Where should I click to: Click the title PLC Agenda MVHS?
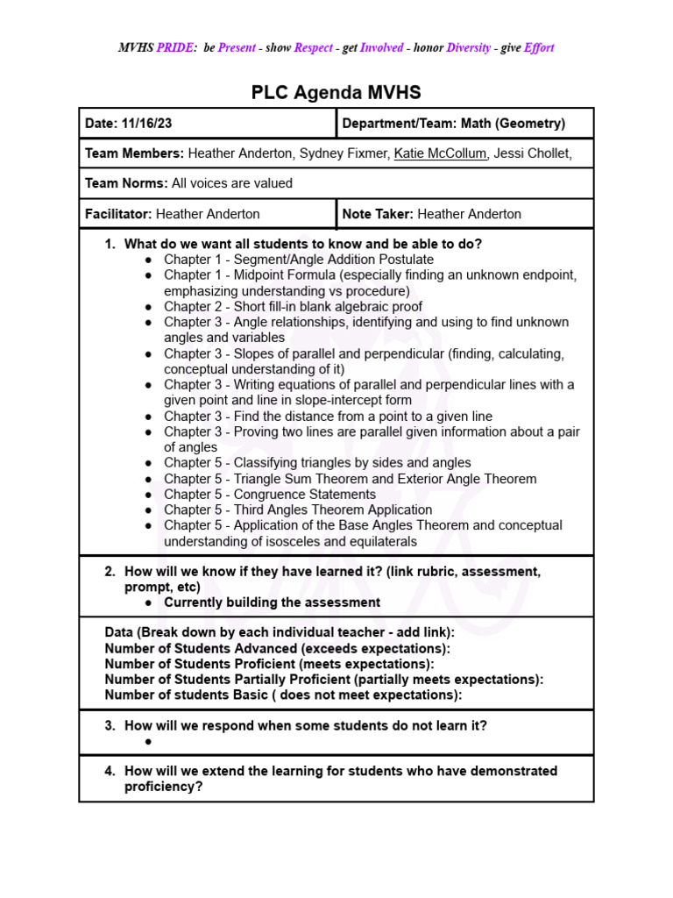tap(336, 92)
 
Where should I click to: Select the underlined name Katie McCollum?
tap(440, 153)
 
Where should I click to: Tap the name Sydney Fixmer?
tap(343, 153)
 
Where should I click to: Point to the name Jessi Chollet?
tap(531, 153)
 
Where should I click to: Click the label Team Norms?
tap(126, 183)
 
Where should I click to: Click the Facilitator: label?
tap(118, 214)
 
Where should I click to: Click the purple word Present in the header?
tap(237, 48)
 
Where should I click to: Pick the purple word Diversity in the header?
tap(468, 48)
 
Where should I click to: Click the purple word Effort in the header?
tap(538, 48)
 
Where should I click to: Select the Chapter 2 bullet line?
tap(293, 307)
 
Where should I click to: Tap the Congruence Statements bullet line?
tap(270, 495)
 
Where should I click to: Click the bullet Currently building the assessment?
tap(272, 602)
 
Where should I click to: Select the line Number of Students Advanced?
tap(277, 648)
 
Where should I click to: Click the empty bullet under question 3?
tap(149, 741)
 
